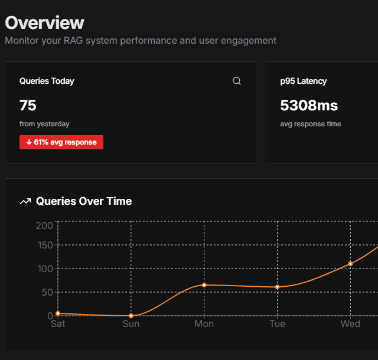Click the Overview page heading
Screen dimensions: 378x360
click(x=45, y=22)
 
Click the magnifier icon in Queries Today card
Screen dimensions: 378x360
click(x=237, y=81)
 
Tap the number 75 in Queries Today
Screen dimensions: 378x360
click(x=28, y=105)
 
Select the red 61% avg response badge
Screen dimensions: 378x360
click(x=61, y=142)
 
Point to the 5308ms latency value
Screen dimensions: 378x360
click(x=309, y=105)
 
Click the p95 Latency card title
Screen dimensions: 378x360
click(x=303, y=81)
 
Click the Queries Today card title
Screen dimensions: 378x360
click(x=47, y=81)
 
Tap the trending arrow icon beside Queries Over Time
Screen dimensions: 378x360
click(x=25, y=201)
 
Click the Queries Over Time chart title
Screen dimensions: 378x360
click(x=84, y=201)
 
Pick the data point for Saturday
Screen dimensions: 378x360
click(x=58, y=313)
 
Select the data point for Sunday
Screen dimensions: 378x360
click(x=131, y=316)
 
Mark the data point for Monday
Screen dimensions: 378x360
click(x=204, y=285)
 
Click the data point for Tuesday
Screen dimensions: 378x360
click(x=277, y=287)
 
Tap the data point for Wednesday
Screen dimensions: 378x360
click(x=350, y=264)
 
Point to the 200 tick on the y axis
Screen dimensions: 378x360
click(x=44, y=226)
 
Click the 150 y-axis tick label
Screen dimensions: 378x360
click(x=45, y=246)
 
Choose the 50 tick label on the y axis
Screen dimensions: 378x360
click(x=47, y=292)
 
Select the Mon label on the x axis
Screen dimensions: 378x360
click(x=204, y=323)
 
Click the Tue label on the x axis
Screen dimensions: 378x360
click(x=277, y=323)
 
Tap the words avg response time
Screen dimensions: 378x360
click(x=311, y=124)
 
